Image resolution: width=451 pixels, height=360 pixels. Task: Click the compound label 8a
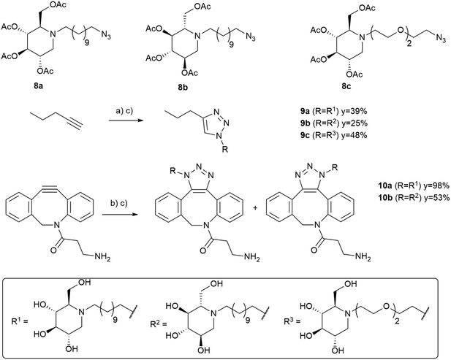pos(38,86)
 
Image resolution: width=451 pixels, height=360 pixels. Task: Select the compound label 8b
pos(182,88)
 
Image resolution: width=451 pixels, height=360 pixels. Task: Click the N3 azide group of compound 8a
pos(105,36)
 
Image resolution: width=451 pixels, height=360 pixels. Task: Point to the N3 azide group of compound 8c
pos(440,38)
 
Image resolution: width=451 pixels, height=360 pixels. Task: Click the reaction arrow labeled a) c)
pos(126,120)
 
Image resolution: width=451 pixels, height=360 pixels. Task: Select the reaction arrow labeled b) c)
pos(119,214)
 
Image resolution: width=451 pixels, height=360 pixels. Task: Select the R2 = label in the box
pos(159,325)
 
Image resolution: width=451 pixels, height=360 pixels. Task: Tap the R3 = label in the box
pos(292,321)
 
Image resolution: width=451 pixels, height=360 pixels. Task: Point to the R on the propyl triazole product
pos(225,150)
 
